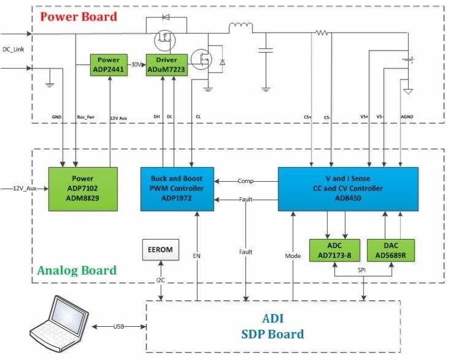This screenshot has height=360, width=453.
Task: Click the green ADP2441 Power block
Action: [109, 63]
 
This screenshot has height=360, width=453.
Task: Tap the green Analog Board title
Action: [77, 270]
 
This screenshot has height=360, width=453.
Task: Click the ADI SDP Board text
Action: [274, 326]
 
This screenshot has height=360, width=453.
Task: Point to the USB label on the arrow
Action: [120, 326]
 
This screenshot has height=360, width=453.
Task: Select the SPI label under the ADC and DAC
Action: [362, 268]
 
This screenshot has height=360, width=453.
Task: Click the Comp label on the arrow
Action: [246, 181]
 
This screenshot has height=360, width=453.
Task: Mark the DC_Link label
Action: [14, 49]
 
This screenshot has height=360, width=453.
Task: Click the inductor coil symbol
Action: [240, 27]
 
